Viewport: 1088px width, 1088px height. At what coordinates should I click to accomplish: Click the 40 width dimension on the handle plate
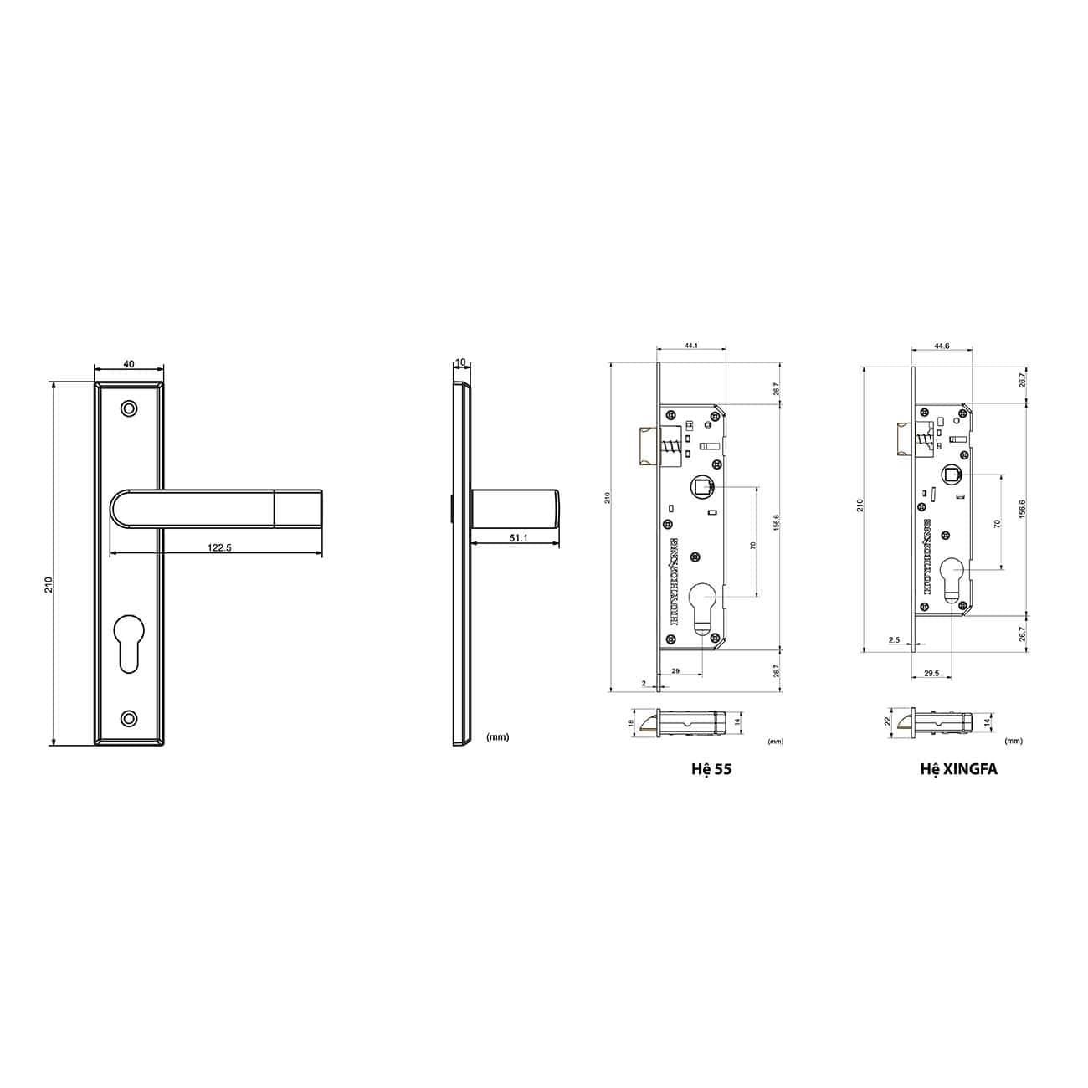pyautogui.click(x=128, y=364)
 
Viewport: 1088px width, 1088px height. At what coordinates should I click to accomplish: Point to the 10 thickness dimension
pyautogui.click(x=460, y=362)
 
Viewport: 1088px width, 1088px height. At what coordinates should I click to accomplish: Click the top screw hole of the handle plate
pyautogui.click(x=128, y=408)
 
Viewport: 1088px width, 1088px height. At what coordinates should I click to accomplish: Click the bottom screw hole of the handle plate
pyautogui.click(x=128, y=718)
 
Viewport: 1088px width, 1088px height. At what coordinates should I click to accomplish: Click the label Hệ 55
pyautogui.click(x=712, y=768)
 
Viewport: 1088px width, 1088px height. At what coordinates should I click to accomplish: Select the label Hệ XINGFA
pyautogui.click(x=958, y=768)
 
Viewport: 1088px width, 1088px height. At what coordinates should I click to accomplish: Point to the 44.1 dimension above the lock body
pyautogui.click(x=691, y=346)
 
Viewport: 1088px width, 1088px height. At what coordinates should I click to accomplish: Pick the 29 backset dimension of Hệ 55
pyautogui.click(x=675, y=670)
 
